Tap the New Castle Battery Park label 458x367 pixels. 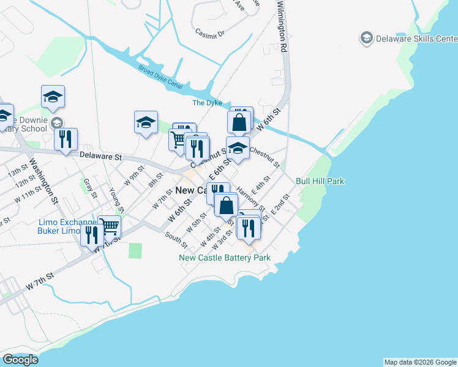pos(225,258)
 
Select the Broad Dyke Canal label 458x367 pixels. pos(160,78)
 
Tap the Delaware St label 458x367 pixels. pos(102,157)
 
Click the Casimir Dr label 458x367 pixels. pos(210,34)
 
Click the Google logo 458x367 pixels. pos(20,360)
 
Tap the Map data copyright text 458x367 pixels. pos(420,362)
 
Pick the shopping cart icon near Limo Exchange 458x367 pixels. pos(110,226)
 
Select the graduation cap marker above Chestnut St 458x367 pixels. pos(238,147)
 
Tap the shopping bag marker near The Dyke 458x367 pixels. pos(239,121)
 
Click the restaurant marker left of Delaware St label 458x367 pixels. pos(66,138)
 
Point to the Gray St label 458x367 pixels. pos(90,188)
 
